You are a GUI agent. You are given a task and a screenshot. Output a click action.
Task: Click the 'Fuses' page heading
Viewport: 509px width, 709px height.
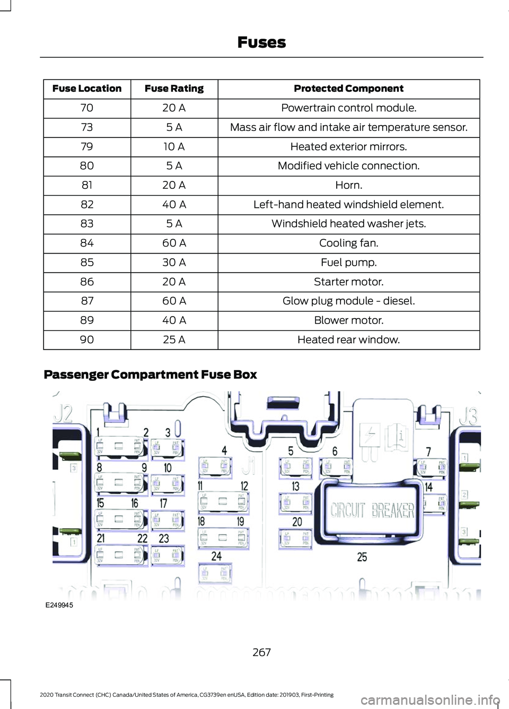click(x=261, y=42)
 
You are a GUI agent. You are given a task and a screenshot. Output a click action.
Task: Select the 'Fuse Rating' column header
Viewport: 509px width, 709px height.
click(x=174, y=89)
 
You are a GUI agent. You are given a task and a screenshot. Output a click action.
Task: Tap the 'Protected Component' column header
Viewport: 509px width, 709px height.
click(x=348, y=89)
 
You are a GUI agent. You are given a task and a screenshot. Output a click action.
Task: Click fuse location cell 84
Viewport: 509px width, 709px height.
click(x=87, y=243)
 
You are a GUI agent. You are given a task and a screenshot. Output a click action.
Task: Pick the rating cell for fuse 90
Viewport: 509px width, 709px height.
click(x=174, y=340)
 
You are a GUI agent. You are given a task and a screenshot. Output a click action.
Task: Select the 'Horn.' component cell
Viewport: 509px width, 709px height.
click(x=348, y=185)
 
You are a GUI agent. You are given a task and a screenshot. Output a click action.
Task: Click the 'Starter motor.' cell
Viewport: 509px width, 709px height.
click(x=348, y=282)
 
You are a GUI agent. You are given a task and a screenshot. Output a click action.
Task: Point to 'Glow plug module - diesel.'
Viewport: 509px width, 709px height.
click(x=348, y=301)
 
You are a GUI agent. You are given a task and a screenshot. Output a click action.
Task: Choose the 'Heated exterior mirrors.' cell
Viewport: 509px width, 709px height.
click(x=348, y=147)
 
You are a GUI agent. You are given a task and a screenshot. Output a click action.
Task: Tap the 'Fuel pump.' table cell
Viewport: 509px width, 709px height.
click(x=348, y=262)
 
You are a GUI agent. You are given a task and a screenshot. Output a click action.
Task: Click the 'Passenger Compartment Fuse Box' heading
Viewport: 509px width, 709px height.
click(x=150, y=375)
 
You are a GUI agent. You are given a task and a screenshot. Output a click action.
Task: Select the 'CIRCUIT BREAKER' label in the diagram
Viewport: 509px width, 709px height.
click(x=372, y=510)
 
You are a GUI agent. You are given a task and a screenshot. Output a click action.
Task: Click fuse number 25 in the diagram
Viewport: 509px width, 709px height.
click(x=362, y=557)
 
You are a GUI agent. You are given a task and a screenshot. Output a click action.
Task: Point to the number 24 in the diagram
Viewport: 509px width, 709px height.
click(x=216, y=556)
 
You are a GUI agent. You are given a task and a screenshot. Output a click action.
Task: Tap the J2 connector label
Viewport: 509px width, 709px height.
click(x=63, y=413)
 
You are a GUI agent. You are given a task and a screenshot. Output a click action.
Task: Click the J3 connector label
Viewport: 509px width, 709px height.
click(x=468, y=416)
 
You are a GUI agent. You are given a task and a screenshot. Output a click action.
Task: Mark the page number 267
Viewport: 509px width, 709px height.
click(x=261, y=652)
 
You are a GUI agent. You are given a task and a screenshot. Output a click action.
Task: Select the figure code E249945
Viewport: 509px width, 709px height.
click(x=59, y=605)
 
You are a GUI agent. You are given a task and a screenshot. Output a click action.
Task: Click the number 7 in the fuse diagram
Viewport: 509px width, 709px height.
click(x=428, y=451)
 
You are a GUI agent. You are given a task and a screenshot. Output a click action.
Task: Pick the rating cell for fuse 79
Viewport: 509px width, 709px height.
click(x=174, y=147)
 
